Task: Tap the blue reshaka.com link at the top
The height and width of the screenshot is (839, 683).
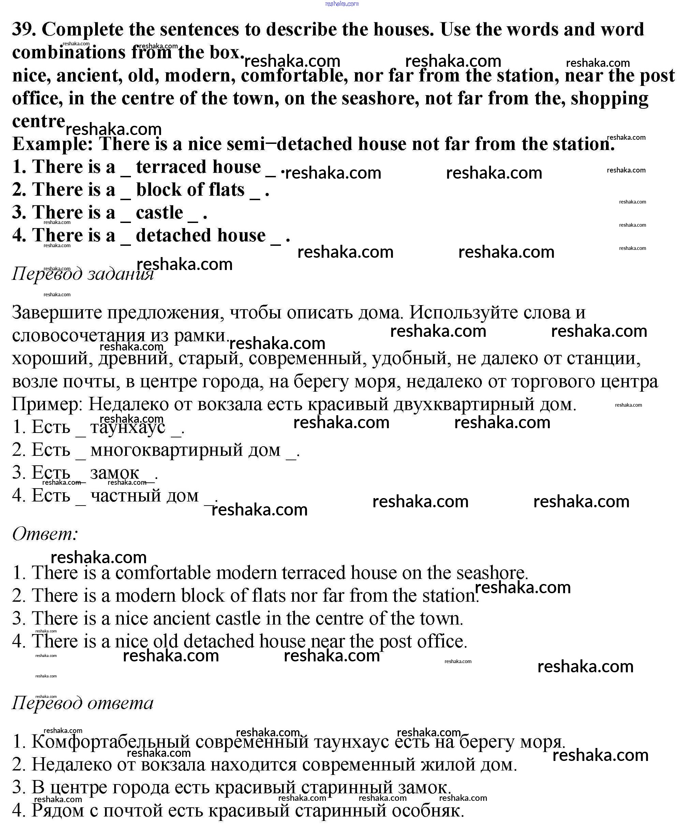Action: pos(342,4)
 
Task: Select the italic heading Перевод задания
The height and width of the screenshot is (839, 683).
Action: pos(83,273)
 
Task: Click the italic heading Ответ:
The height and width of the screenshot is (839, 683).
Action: pos(45,534)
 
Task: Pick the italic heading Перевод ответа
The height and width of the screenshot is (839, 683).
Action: pos(83,703)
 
